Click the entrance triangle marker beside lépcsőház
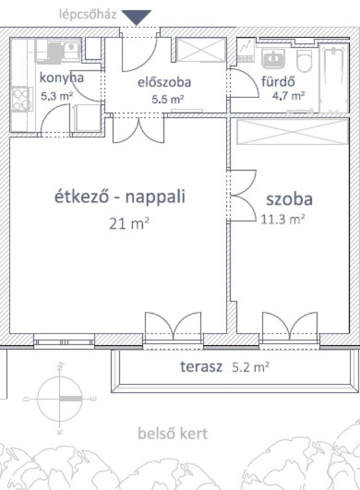click(136, 17)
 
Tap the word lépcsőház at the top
click(88, 14)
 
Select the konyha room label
click(61, 78)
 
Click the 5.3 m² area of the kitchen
click(57, 96)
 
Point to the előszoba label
click(165, 82)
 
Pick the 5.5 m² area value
click(168, 99)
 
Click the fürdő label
click(278, 81)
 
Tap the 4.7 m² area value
click(288, 95)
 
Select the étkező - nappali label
click(120, 197)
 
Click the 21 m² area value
click(129, 224)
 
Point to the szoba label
click(289, 199)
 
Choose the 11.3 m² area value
click(283, 219)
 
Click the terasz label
click(201, 367)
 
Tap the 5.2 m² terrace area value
click(250, 367)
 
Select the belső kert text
click(173, 434)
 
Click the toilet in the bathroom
click(304, 61)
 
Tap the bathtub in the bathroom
click(333, 78)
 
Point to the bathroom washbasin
click(274, 58)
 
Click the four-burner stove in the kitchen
click(21, 99)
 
